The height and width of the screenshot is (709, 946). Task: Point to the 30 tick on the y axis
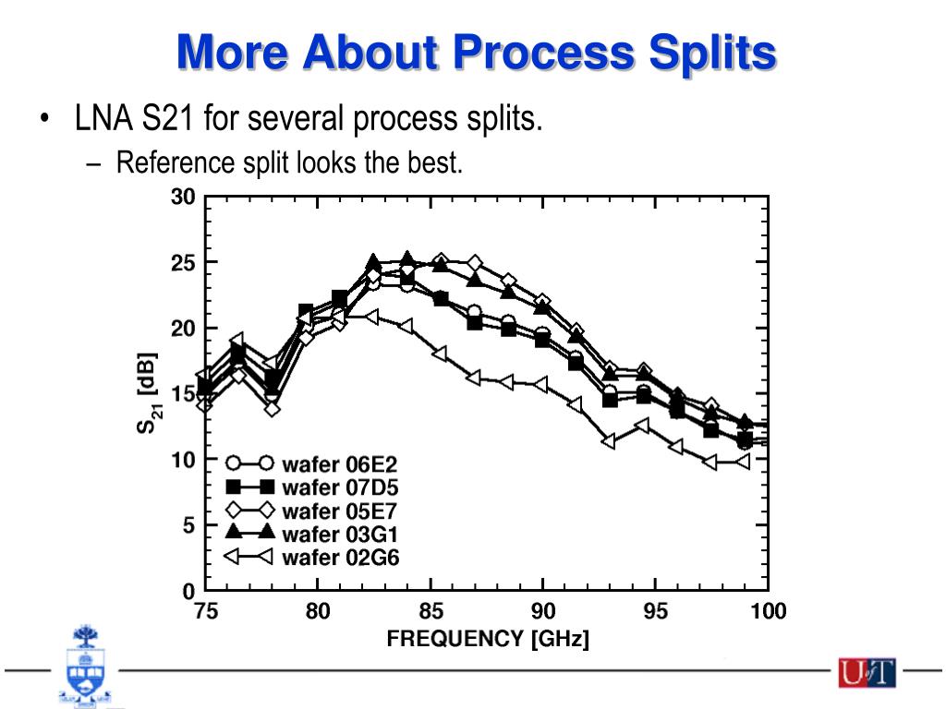pos(183,197)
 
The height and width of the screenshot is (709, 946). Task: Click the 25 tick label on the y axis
pos(183,263)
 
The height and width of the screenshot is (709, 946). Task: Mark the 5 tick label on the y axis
pos(188,525)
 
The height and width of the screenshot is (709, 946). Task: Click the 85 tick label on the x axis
pos(431,611)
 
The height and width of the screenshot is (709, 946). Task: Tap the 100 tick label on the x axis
pos(768,611)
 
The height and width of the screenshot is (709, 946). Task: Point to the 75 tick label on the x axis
pos(205,611)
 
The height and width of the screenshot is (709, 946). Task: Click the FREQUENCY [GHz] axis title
pos(487,638)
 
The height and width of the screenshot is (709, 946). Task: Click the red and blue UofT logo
pos(867,672)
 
